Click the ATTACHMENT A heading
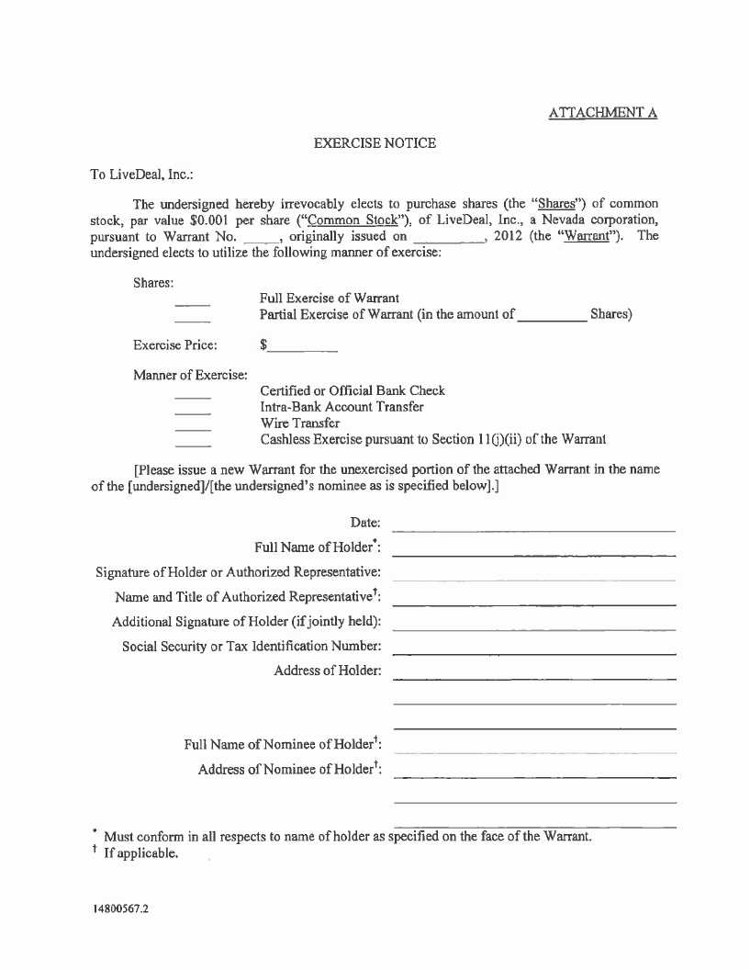coord(603,113)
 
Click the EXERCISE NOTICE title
coord(375,143)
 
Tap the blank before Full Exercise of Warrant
coord(193,304)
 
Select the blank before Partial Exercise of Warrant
coord(193,321)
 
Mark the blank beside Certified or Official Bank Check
coord(193,397)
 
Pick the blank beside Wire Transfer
coord(193,429)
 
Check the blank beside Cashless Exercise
coord(193,446)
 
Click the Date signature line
coord(533,529)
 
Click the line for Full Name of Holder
coord(533,554)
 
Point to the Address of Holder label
coord(327,671)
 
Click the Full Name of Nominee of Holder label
coord(283,744)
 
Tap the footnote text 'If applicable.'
coord(140,854)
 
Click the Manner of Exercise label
coord(190,375)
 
